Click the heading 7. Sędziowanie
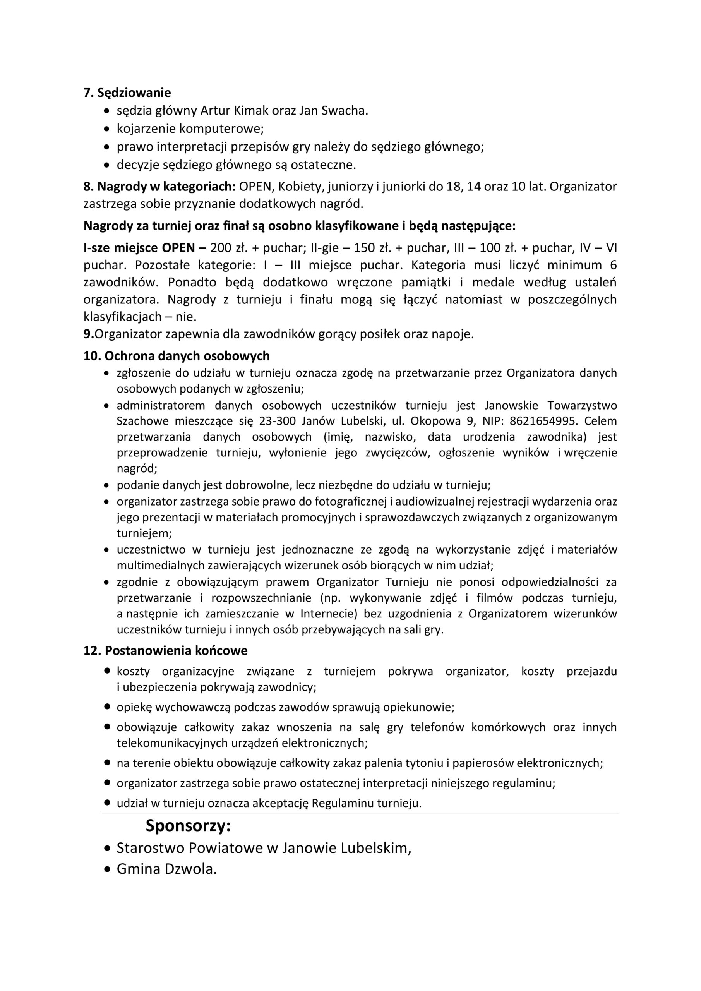(127, 93)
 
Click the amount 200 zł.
(228, 248)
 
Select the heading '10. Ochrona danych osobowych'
(177, 356)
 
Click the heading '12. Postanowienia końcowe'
(165, 650)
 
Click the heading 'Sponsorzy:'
(188, 826)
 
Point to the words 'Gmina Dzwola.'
(166, 869)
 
